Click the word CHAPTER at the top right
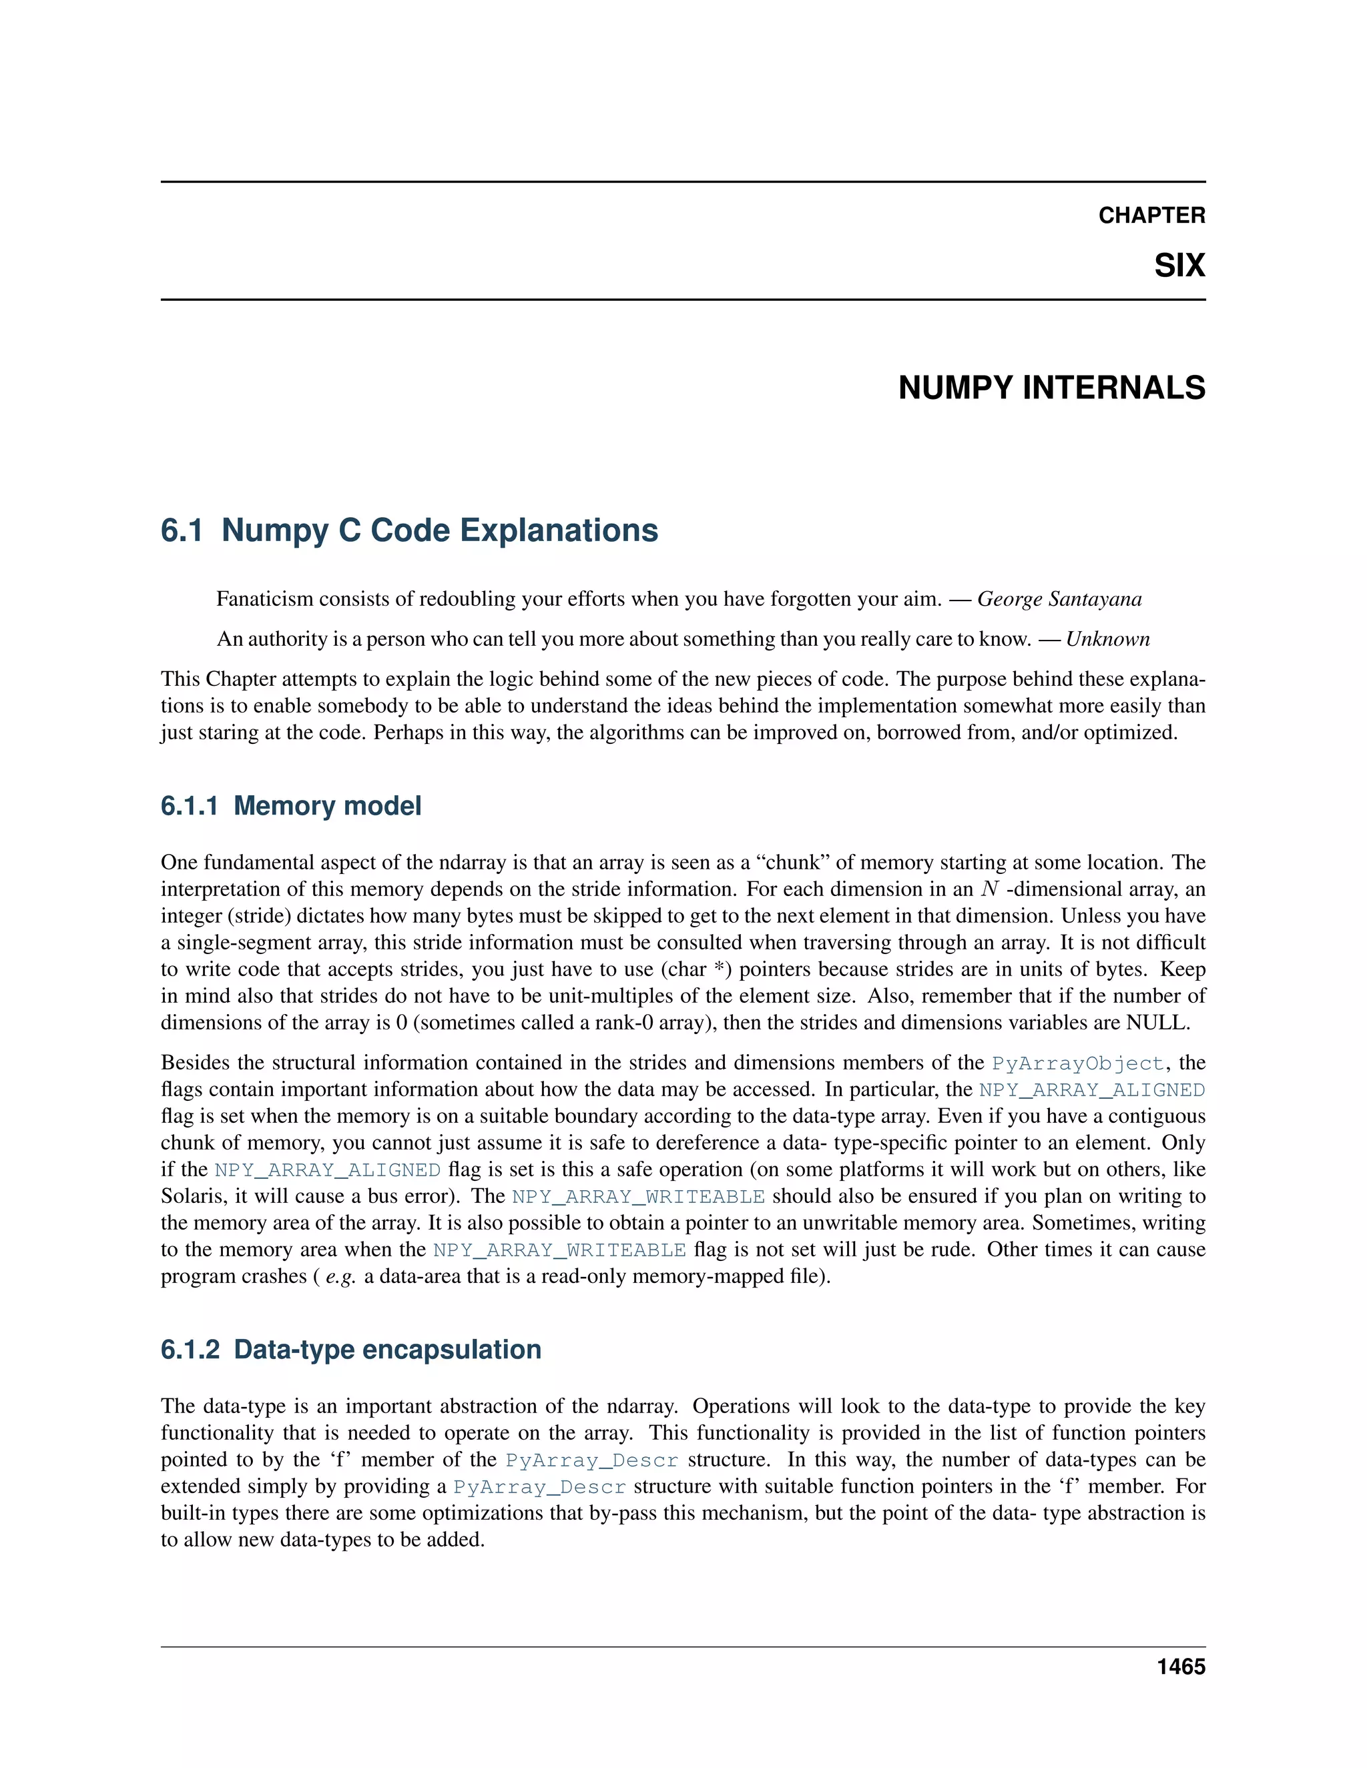pyautogui.click(x=1151, y=215)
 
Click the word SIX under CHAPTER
pyautogui.click(x=1179, y=266)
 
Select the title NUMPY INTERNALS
pyautogui.click(x=1051, y=388)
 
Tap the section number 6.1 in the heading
pyautogui.click(x=182, y=530)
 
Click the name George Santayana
pyautogui.click(x=1059, y=599)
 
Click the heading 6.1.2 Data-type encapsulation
pyautogui.click(x=350, y=1350)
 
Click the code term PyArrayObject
pyautogui.click(x=1077, y=1063)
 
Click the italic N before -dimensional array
pyautogui.click(x=989, y=889)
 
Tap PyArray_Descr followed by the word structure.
pyautogui.click(x=591, y=1460)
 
